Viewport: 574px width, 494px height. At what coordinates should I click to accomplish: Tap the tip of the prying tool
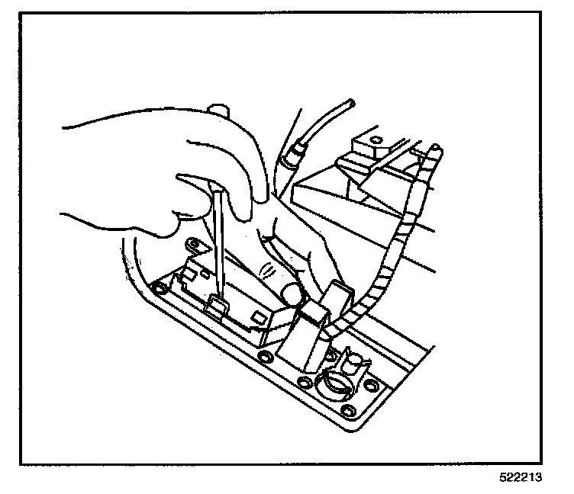click(x=215, y=303)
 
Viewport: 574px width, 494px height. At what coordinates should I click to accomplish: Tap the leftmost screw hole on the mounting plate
click(x=159, y=289)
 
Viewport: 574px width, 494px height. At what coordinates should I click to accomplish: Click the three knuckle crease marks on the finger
click(x=267, y=268)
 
